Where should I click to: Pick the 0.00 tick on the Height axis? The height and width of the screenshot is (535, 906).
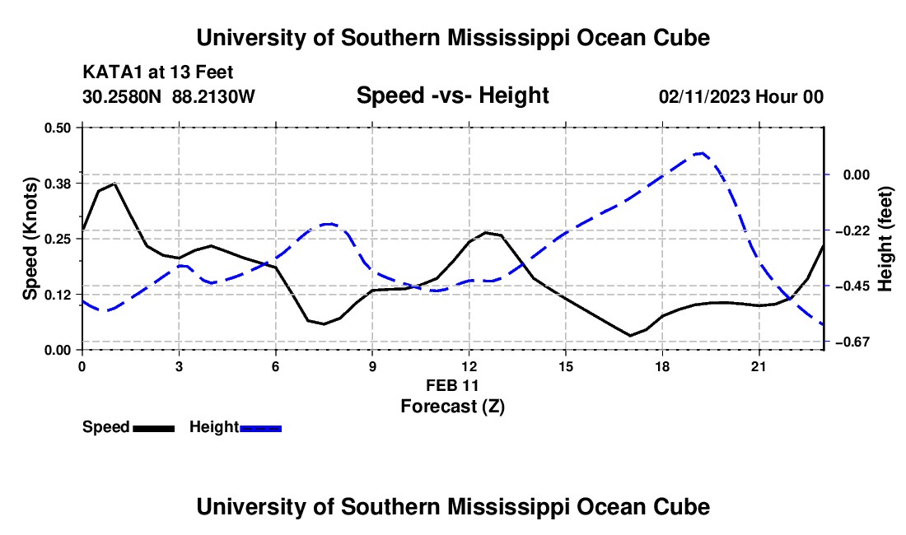[857, 174]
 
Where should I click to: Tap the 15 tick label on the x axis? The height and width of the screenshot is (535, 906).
[566, 366]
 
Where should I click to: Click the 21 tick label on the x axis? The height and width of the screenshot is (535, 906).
[759, 366]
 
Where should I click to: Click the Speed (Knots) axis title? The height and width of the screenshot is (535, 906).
[30, 239]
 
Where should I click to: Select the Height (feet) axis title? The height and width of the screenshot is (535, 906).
[885, 239]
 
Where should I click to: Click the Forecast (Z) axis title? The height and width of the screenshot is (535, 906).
[452, 407]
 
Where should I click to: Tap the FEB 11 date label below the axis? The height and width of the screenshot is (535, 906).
[452, 385]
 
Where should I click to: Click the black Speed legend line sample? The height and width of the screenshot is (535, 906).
[154, 428]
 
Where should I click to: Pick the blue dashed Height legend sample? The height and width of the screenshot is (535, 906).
[260, 428]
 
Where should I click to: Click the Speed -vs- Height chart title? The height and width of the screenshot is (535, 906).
[452, 95]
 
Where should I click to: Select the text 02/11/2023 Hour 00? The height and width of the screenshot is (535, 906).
[741, 96]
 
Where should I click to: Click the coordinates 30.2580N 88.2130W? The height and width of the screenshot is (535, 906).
[169, 96]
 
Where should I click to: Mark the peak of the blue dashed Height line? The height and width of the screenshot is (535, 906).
[700, 153]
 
